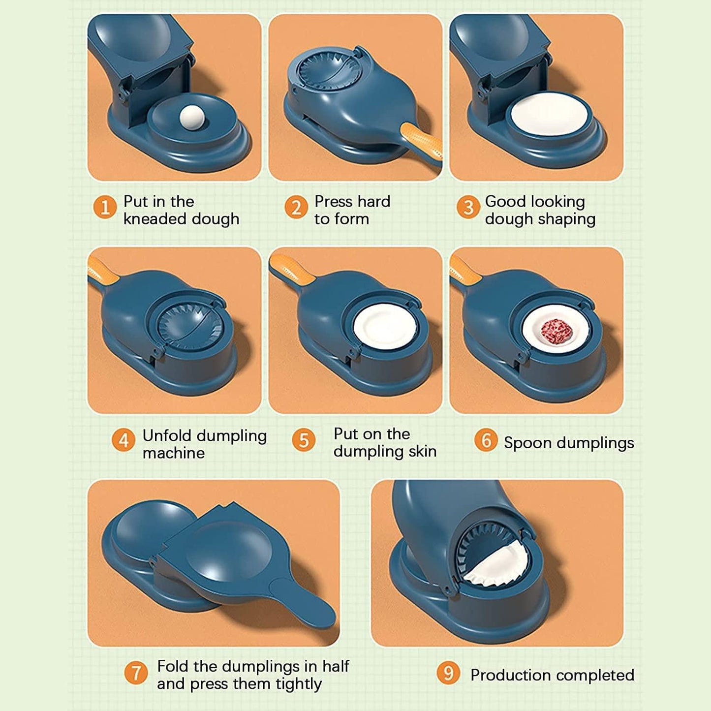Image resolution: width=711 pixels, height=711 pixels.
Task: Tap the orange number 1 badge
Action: click(x=105, y=207)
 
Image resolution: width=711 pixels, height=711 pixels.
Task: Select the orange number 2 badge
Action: click(x=296, y=207)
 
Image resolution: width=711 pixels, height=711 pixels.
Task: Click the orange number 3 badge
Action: click(x=468, y=207)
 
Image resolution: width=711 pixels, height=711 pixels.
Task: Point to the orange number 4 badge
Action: click(x=123, y=440)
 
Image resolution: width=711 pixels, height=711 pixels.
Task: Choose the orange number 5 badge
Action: click(x=304, y=440)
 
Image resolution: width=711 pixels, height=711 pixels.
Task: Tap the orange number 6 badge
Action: click(x=486, y=440)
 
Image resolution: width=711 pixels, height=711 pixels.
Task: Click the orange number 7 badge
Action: click(x=136, y=673)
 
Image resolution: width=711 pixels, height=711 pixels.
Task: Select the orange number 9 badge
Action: click(x=448, y=673)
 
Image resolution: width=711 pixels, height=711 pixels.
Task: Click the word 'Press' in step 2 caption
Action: click(x=334, y=202)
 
